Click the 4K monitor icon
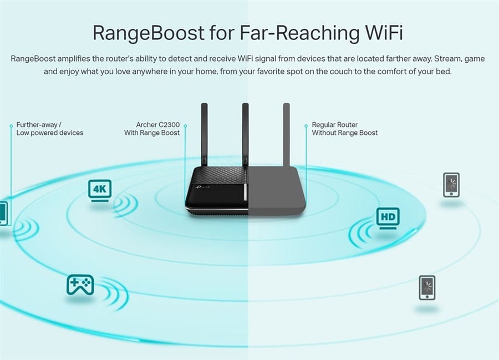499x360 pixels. [x=100, y=190]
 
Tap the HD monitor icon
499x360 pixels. [x=388, y=219]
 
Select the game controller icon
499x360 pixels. [x=80, y=284]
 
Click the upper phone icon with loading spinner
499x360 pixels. [x=451, y=185]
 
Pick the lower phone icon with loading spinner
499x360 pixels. [x=427, y=288]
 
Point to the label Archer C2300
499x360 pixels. [x=158, y=125]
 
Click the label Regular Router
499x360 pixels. [x=334, y=125]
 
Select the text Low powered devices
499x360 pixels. [x=50, y=133]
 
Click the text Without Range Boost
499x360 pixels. [x=345, y=133]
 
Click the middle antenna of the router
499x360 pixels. [x=245, y=134]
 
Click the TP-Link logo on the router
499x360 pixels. [x=203, y=186]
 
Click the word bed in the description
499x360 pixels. [x=444, y=72]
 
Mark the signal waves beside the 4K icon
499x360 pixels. [x=126, y=204]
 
